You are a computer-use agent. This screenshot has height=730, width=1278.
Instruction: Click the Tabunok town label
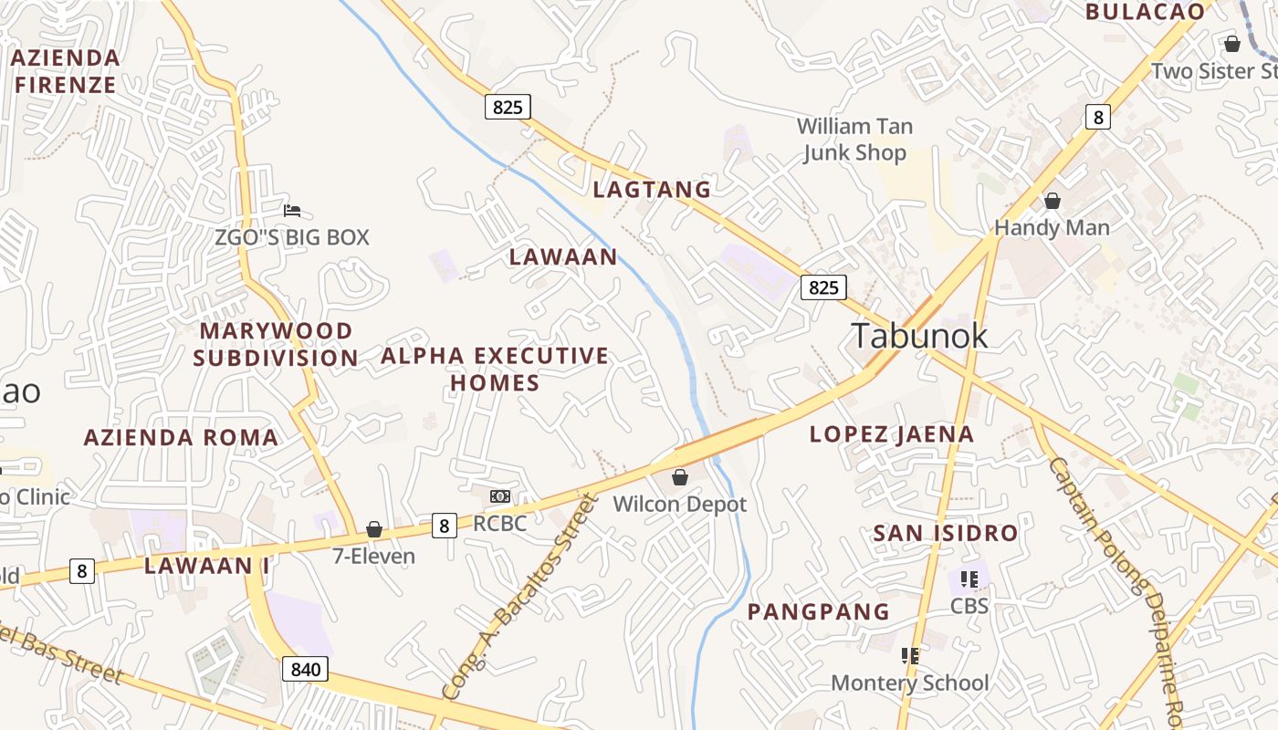click(x=919, y=336)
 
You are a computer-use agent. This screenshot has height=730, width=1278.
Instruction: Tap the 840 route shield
click(x=305, y=669)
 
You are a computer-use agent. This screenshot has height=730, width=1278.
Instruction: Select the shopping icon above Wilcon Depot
click(x=679, y=477)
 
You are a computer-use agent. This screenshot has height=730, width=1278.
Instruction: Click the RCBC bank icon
click(x=500, y=496)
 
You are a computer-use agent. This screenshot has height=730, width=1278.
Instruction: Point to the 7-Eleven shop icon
click(x=373, y=529)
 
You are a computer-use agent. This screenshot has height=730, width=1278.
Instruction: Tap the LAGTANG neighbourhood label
click(x=652, y=190)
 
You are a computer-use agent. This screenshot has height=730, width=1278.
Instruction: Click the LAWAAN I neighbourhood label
click(x=207, y=566)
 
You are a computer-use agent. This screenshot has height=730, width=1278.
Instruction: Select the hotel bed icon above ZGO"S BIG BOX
click(x=292, y=211)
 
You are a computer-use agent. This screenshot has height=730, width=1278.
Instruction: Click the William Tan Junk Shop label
click(x=854, y=140)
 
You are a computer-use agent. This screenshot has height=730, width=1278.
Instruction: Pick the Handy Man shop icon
click(x=1053, y=201)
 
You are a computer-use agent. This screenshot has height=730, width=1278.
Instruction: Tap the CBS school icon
click(x=969, y=579)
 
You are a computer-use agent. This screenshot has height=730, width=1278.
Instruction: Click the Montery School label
click(x=909, y=683)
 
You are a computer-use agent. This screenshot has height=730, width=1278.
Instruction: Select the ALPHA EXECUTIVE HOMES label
click(x=495, y=369)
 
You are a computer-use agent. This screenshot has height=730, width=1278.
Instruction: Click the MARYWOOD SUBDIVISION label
click(x=276, y=344)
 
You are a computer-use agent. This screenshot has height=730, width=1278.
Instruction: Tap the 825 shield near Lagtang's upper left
click(x=508, y=108)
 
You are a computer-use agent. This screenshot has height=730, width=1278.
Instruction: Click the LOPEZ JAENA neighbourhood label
click(x=892, y=434)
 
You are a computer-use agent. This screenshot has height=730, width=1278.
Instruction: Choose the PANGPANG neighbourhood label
click(x=818, y=611)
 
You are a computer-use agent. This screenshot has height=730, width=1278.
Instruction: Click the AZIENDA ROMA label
click(x=181, y=437)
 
